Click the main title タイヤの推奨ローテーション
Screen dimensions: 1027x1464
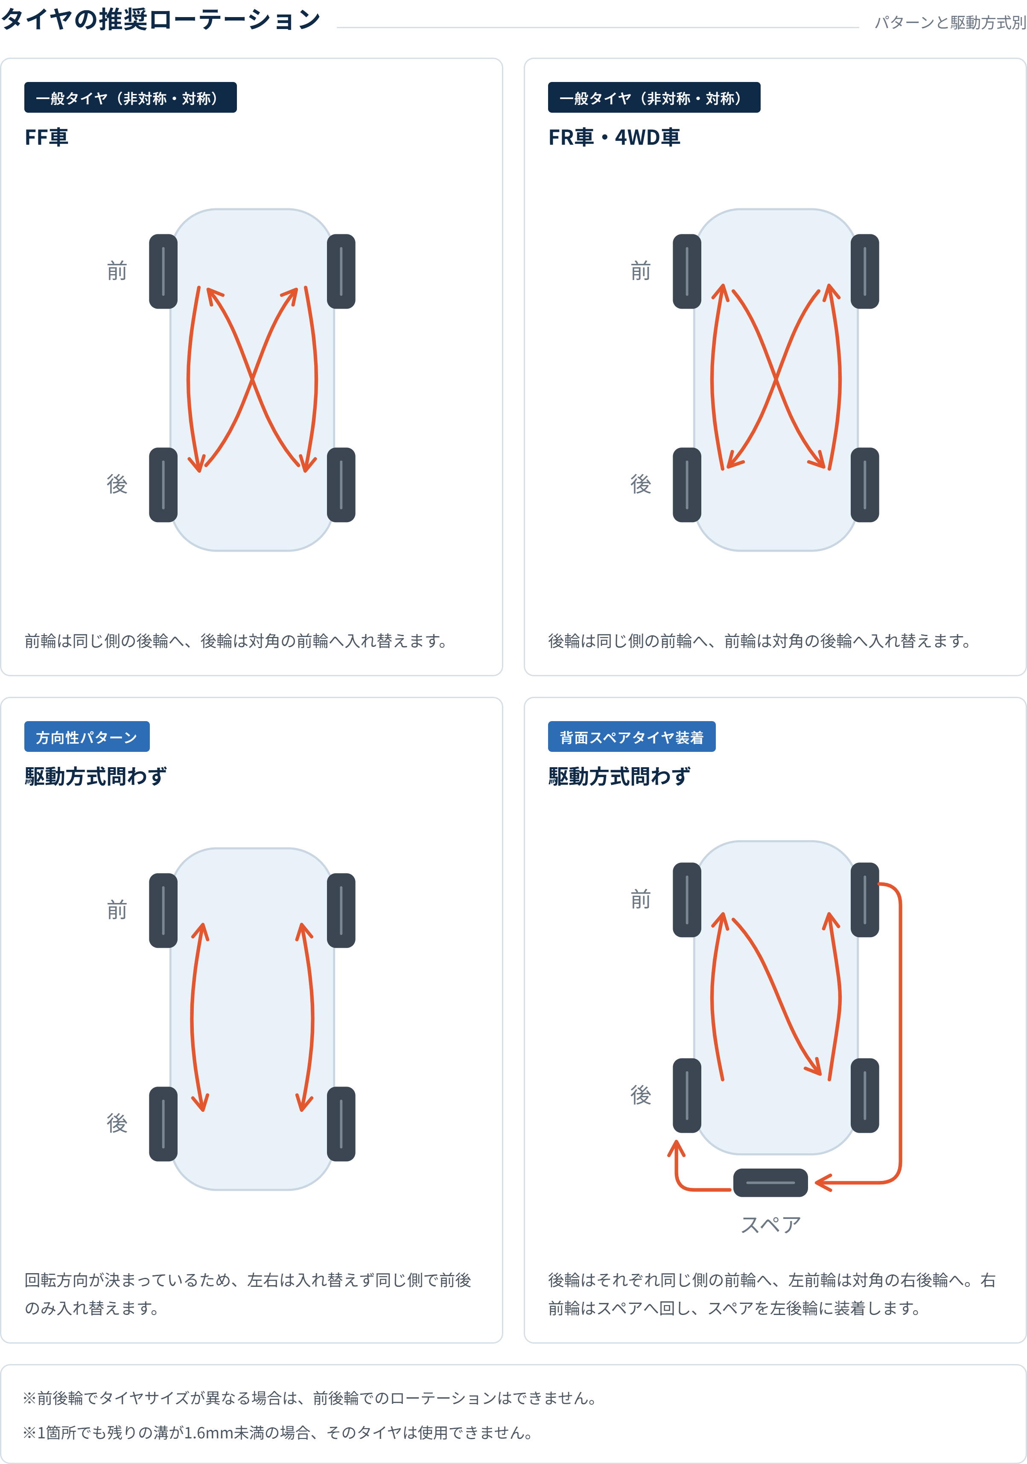160,20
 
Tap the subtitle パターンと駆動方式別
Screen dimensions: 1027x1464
950,23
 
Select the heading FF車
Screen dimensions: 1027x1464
47,137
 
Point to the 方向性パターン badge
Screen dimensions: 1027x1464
87,736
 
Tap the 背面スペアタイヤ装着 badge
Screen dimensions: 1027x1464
632,736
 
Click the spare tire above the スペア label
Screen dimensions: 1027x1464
770,1182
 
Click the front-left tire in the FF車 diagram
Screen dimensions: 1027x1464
163,272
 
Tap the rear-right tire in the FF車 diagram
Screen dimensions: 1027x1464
341,485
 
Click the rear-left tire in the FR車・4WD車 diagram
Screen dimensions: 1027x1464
686,485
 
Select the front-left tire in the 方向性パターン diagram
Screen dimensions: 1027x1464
163,911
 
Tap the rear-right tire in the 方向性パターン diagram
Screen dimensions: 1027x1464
341,1123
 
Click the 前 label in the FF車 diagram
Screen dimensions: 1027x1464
117,271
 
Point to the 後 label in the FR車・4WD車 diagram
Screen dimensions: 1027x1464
641,484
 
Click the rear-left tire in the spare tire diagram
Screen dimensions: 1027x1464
686,1096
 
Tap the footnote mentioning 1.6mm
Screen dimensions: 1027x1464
278,1433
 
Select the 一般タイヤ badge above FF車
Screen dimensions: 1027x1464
131,98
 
